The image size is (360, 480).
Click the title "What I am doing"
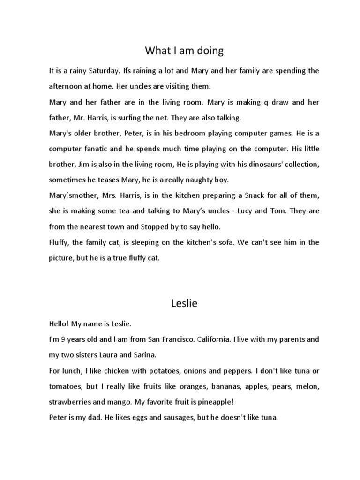click(x=184, y=50)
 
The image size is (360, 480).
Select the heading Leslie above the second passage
click(x=184, y=303)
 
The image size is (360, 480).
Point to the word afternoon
click(x=67, y=87)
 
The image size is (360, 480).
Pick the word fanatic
click(x=100, y=149)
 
